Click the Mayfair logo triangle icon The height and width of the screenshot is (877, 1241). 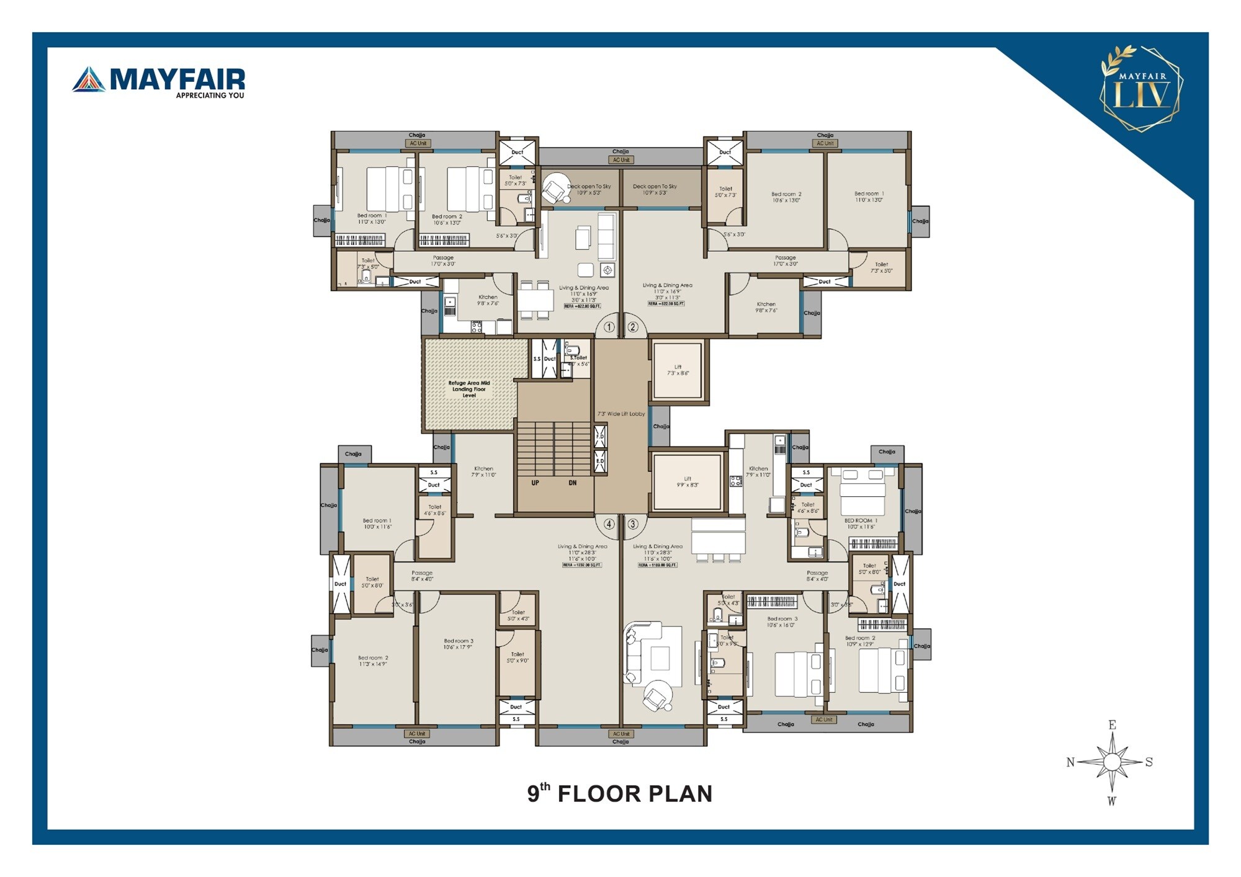pos(89,79)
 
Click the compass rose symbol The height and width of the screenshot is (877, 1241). pos(1112,762)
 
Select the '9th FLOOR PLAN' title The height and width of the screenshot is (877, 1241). pos(619,794)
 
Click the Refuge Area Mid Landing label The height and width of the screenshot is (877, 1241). pos(469,390)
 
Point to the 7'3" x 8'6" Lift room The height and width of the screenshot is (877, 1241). pos(678,370)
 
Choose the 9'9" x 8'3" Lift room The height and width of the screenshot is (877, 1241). pos(687,482)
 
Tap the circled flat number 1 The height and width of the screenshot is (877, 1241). pos(609,327)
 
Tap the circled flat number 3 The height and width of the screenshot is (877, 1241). pos(633,524)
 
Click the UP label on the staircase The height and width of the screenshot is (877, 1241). pos(535,483)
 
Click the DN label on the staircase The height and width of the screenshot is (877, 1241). pos(572,483)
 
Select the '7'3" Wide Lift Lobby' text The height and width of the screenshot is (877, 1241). pos(621,414)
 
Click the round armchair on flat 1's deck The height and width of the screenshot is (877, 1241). pos(555,188)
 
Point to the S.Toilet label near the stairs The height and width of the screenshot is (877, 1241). pos(578,358)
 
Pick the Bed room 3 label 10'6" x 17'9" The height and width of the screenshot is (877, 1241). pos(458,644)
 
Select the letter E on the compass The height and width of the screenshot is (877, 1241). pos(1112,724)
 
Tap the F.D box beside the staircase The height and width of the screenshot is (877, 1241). pos(600,437)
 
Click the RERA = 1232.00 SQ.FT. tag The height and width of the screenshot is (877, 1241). pos(582,565)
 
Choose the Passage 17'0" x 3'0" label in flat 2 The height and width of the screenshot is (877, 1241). pos(785,260)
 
